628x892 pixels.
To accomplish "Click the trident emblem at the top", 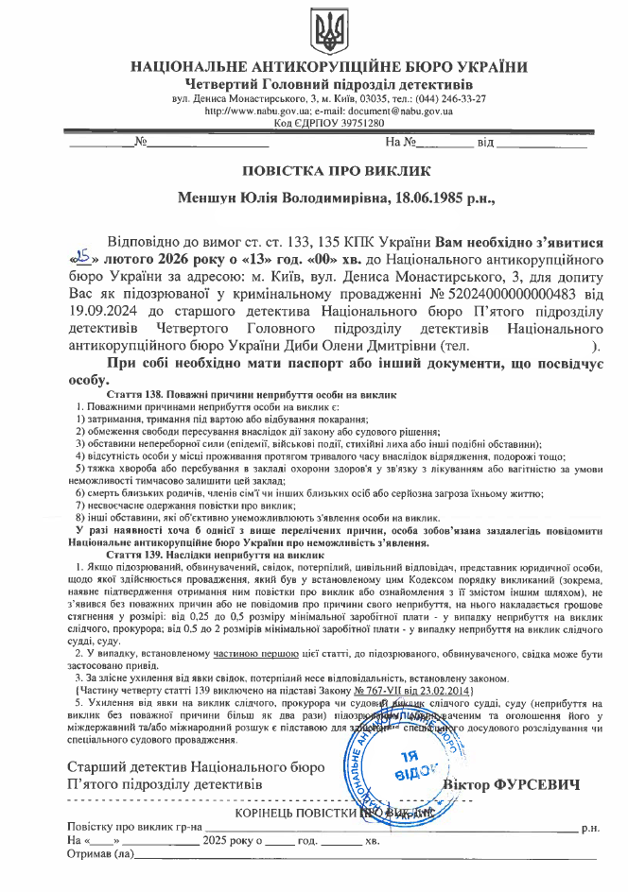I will click(x=329, y=32).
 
